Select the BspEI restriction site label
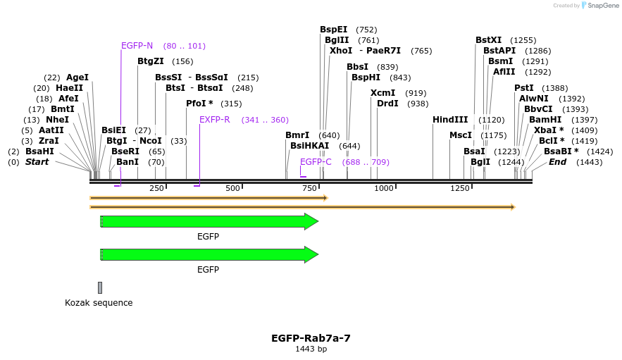pos(333,30)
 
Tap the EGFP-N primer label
pos(137,46)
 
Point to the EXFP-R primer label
pos(214,120)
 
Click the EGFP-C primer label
pos(316,162)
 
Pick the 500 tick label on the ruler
pos(232,188)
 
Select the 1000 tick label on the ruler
pos(384,188)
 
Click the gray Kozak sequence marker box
pos(100,287)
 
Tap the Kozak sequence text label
pos(99,303)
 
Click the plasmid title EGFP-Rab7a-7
pos(311,338)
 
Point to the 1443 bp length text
pos(311,349)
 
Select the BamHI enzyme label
pos(545,120)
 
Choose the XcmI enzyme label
pos(382,93)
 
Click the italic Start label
pos(37,162)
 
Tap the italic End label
pos(557,162)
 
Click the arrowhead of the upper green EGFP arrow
pos(311,222)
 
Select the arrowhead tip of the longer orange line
pos(513,207)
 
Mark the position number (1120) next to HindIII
pos(491,120)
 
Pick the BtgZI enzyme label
pos(150,61)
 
